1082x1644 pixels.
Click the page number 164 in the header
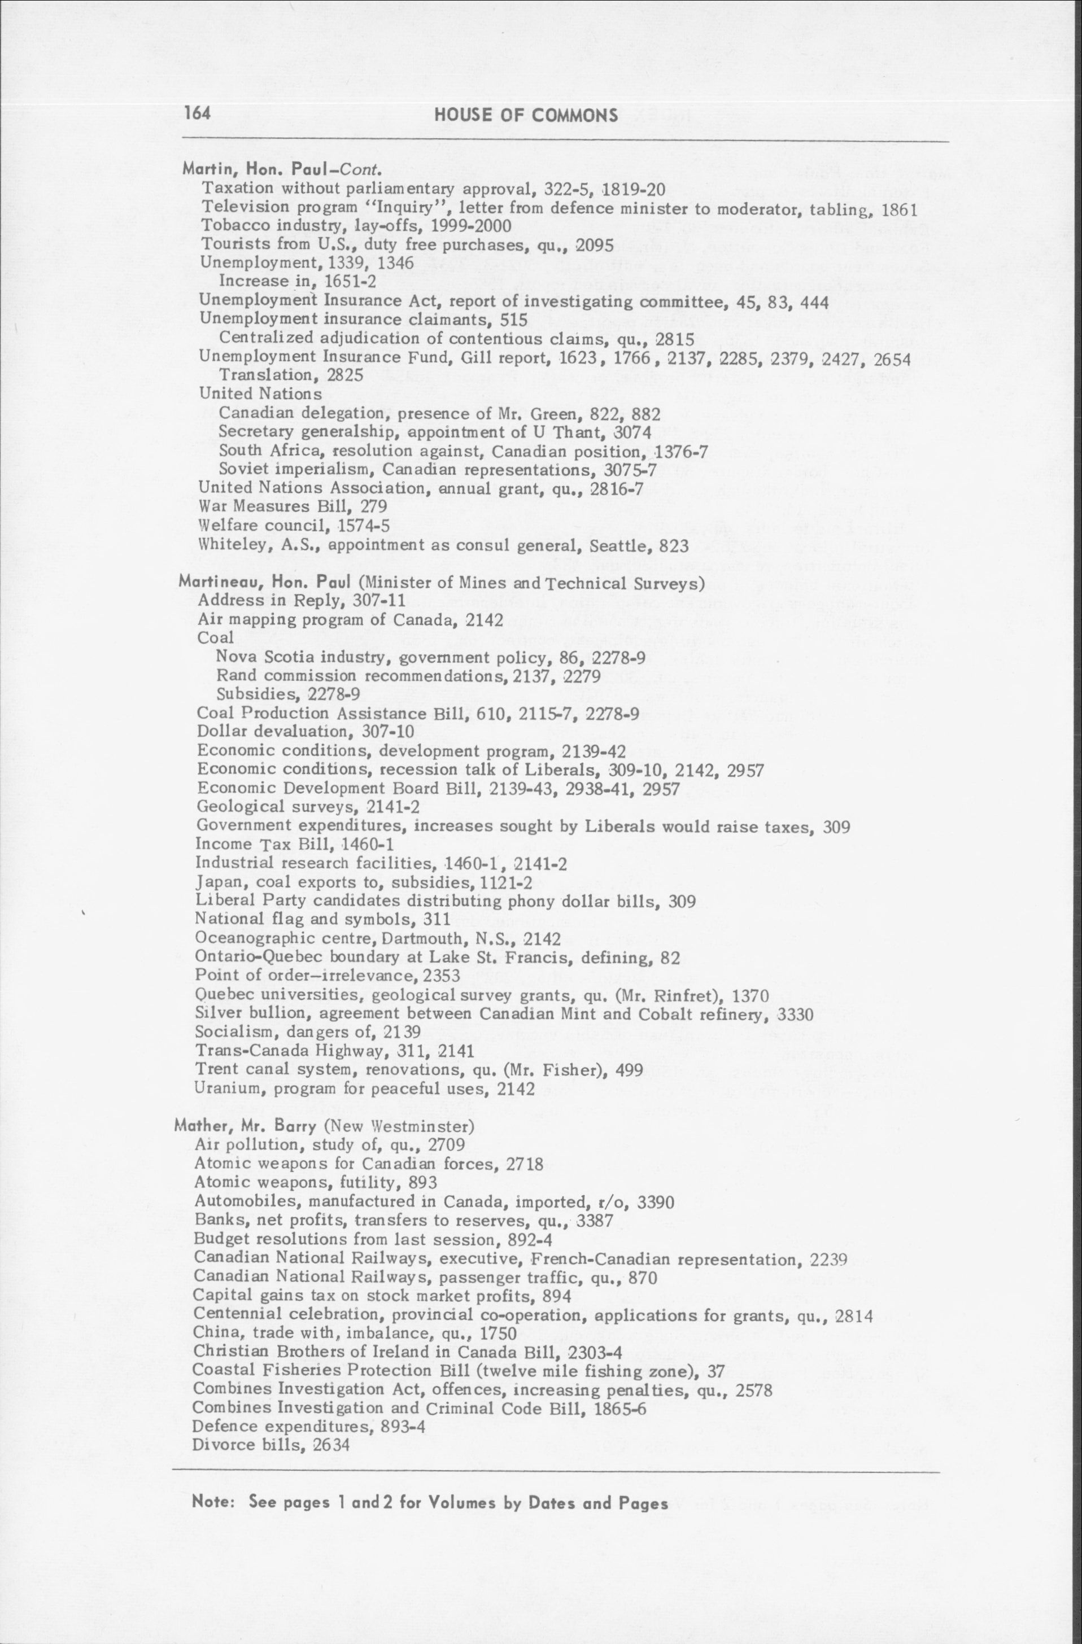198,113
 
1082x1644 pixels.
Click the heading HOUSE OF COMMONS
526,115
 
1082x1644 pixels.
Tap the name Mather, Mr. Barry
246,1126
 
